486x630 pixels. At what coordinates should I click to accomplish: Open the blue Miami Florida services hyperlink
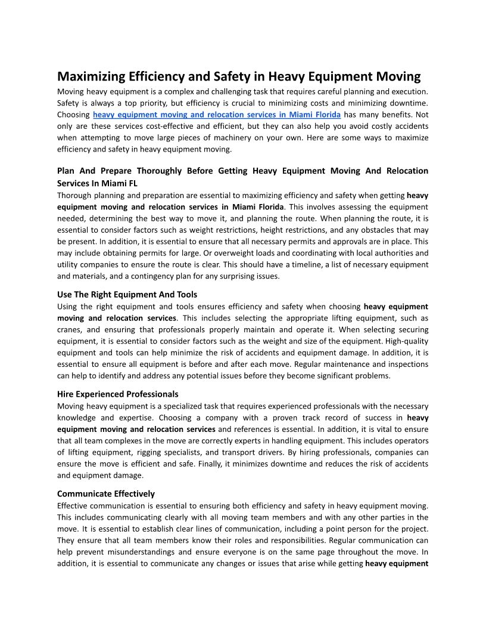[217, 115]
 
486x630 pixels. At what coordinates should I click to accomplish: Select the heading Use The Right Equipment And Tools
[127, 295]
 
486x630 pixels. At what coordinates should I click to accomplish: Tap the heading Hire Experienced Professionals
[117, 394]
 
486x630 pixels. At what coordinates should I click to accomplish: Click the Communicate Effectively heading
[105, 494]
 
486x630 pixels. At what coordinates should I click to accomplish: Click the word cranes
[69, 330]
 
